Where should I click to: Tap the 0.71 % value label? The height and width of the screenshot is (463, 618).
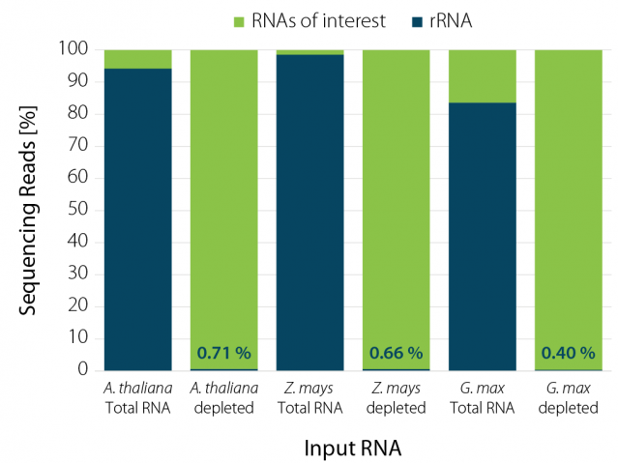(224, 353)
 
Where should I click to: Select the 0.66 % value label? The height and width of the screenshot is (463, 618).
(397, 353)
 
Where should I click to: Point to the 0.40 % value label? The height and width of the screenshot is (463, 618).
(569, 353)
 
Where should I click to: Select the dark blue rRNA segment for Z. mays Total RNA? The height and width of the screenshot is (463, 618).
(310, 213)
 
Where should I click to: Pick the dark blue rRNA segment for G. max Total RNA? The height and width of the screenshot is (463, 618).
(483, 237)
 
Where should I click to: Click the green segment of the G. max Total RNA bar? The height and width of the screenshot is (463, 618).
(483, 75)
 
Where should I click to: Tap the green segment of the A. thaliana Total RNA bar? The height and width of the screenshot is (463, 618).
(137, 59)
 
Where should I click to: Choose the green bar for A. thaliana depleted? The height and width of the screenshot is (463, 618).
(223, 193)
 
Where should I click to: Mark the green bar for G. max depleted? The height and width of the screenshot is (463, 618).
(569, 193)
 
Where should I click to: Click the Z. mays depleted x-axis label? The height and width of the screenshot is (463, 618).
(397, 398)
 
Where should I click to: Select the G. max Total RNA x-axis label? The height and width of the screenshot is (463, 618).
(483, 398)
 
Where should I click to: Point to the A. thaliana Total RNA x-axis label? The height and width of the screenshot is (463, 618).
(137, 398)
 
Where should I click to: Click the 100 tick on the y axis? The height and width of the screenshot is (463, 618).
(75, 49)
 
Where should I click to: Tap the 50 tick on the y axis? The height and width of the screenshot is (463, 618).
(79, 210)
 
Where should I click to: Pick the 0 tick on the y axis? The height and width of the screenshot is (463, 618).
(84, 370)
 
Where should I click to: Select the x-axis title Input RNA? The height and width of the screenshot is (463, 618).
(353, 449)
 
